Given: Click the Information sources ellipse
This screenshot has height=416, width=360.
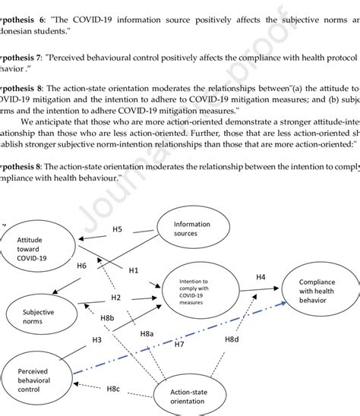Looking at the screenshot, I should tap(191, 228).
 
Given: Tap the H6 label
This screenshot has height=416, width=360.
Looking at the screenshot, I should tap(82, 266).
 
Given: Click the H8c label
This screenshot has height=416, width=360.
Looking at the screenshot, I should tap(112, 389).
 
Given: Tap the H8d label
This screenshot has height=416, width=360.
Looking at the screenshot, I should tap(233, 338).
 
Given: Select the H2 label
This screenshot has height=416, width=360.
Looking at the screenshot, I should tap(116, 297).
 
